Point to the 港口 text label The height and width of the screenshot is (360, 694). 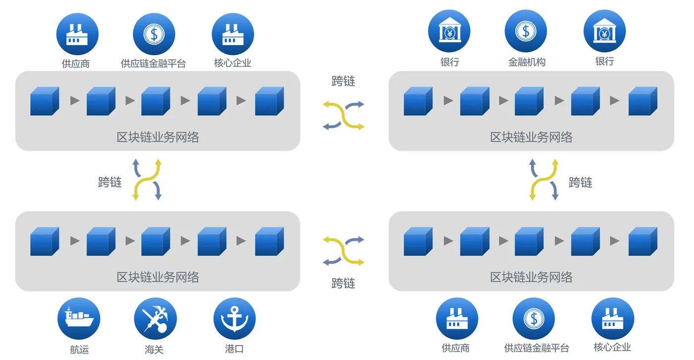pos(234,349)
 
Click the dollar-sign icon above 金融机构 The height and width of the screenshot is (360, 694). pos(526,31)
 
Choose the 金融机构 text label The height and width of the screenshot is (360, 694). pos(526,62)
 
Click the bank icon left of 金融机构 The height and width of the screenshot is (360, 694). pos(449,31)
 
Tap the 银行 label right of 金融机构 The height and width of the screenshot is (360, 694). pos(604,61)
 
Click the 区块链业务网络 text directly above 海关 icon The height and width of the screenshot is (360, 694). pos(158,277)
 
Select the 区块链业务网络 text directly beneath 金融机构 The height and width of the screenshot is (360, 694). pos(531,137)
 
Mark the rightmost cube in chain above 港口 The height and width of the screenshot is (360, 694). pos(269,241)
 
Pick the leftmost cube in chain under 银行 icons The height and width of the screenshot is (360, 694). pos(418,101)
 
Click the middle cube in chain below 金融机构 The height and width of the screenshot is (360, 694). pos(529,101)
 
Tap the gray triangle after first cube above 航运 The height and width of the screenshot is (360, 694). pos(75,241)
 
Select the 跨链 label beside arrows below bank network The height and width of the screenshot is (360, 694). pos(580,182)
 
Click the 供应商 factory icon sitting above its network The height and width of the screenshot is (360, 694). pos(77,34)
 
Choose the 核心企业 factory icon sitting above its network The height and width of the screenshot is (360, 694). pos(233,34)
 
